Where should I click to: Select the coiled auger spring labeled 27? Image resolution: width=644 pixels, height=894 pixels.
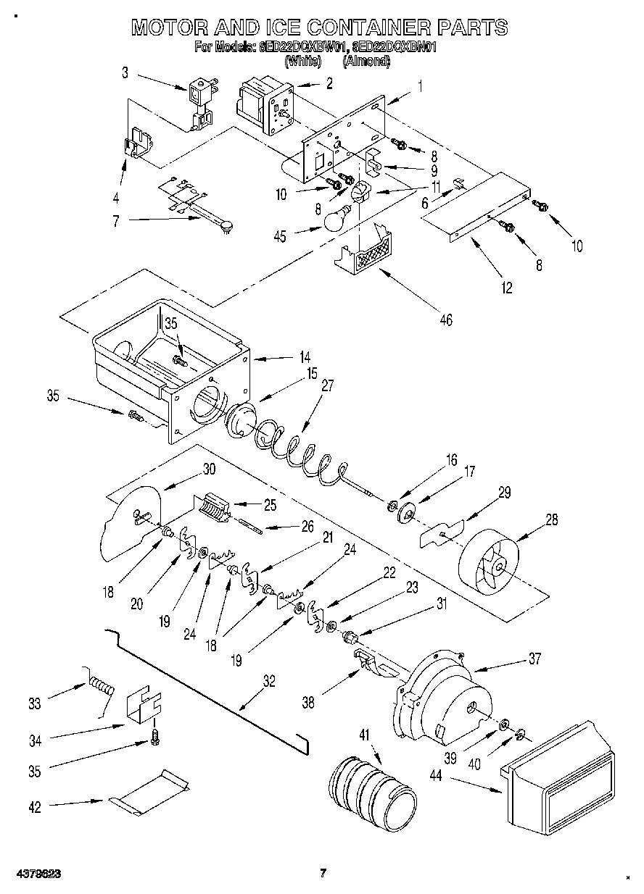coord(297,453)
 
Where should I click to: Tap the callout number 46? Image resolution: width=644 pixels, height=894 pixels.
coord(445,319)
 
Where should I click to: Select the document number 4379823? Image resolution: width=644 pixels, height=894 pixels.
coord(36,874)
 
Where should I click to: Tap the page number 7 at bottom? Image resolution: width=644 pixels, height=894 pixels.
coord(323,874)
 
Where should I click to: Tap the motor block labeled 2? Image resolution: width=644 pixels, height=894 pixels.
coord(265,106)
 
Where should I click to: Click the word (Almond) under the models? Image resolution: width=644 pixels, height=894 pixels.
coord(366,62)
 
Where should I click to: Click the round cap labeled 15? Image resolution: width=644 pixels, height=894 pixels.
coord(241,420)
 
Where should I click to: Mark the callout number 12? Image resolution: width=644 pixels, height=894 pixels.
coord(505,288)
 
